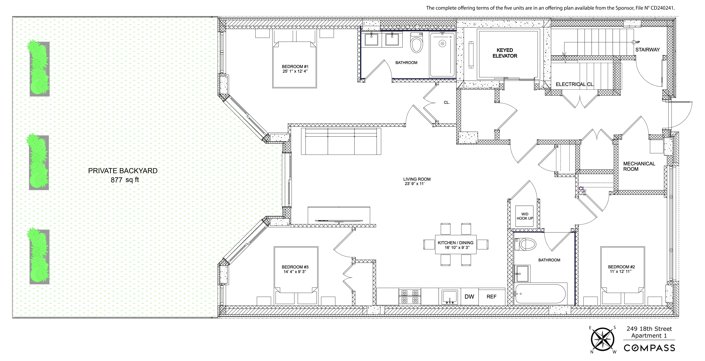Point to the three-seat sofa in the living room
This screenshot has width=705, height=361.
(341, 141)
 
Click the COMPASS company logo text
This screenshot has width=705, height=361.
(649, 348)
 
